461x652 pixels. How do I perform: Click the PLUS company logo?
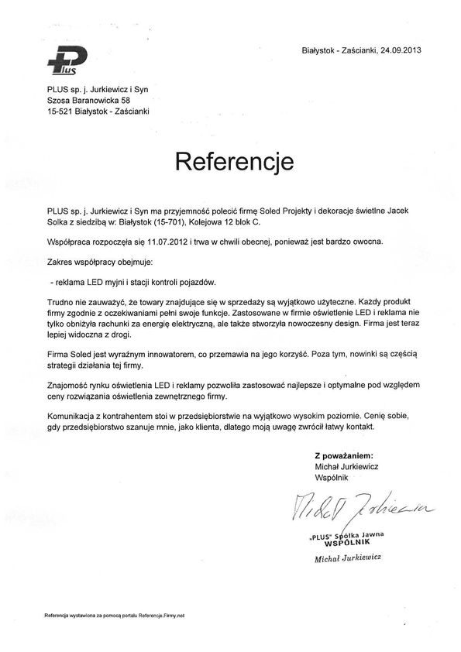[67, 62]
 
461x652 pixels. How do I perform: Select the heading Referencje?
[234, 161]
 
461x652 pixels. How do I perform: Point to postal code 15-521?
[60, 112]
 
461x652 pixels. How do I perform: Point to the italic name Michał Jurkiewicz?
[348, 558]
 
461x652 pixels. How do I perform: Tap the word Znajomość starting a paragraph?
[68, 385]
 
